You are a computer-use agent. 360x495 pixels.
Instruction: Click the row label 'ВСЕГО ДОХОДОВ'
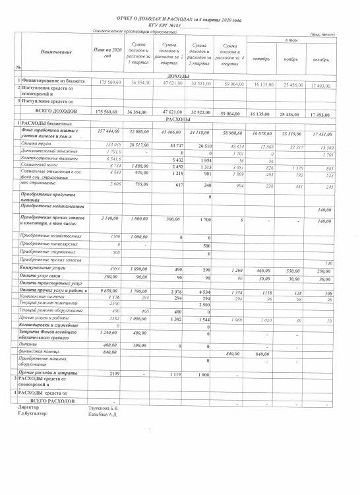pos(45,113)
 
